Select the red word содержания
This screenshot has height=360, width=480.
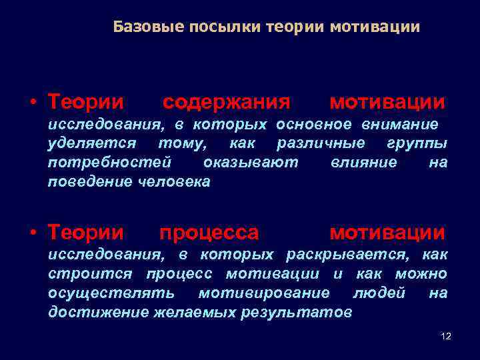(x=227, y=103)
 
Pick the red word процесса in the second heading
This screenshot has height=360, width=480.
(x=209, y=233)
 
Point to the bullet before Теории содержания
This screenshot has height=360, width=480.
(x=32, y=103)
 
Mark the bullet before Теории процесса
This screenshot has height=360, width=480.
(x=32, y=233)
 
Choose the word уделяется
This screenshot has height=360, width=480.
(x=92, y=143)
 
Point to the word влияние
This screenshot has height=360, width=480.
(x=363, y=163)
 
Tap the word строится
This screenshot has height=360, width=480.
(x=90, y=274)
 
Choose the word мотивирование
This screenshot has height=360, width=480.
(x=264, y=293)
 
